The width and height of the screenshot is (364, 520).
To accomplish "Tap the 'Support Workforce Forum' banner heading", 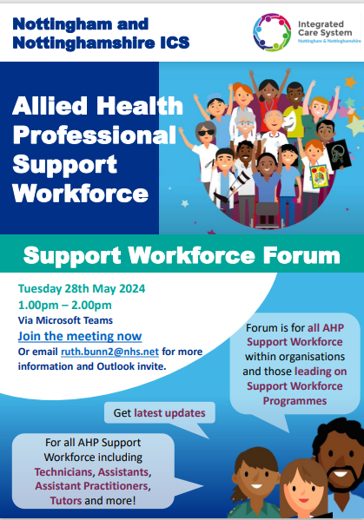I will click(182, 256).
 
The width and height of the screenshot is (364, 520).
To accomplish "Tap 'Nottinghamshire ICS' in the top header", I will click(86, 39).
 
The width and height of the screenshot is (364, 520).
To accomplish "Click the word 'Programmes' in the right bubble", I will click(297, 402).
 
